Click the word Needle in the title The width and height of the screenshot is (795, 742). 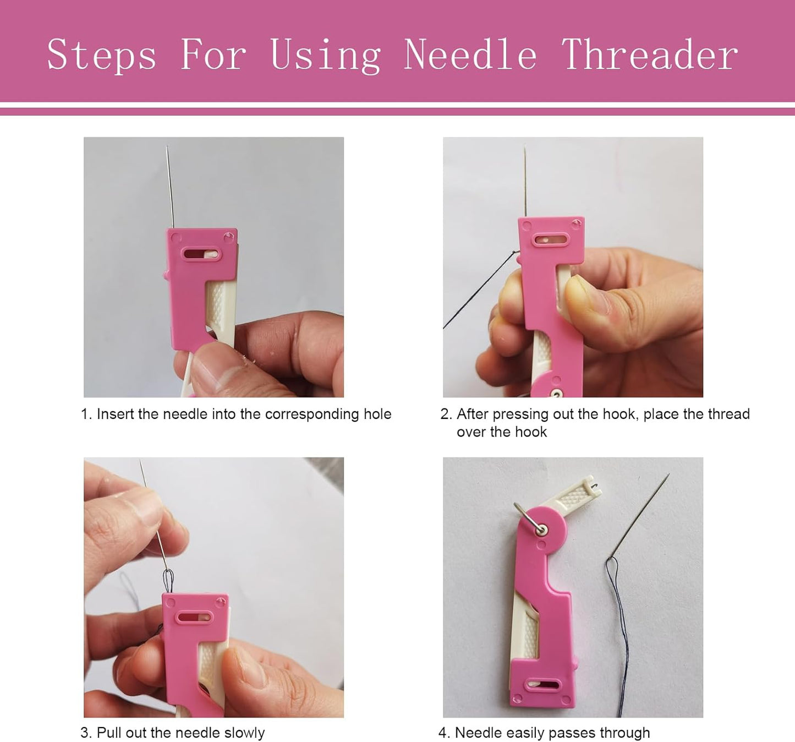470,55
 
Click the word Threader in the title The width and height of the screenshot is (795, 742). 649,55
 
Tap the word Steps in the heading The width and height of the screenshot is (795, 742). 101,55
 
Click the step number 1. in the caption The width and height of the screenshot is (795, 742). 86,414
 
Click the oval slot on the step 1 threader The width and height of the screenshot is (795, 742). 201,254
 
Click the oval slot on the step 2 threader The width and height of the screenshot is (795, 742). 551,241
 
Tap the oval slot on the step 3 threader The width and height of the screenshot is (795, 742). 194,617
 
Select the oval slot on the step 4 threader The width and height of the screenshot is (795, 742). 542,685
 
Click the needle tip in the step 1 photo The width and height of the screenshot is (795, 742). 167,148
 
